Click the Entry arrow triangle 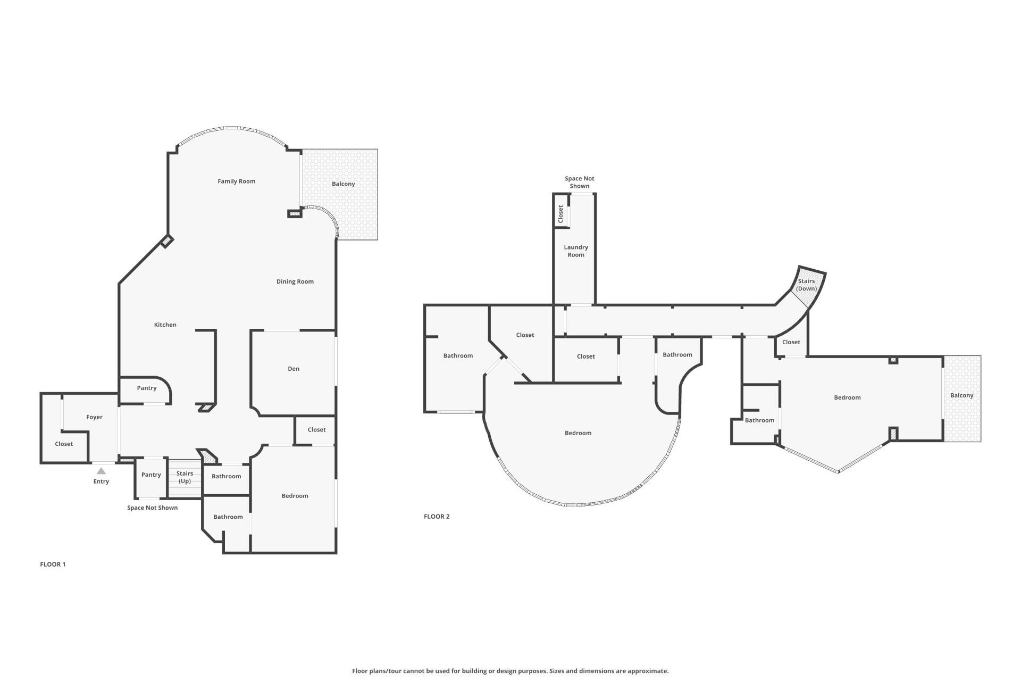pyautogui.click(x=101, y=471)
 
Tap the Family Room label pyautogui.click(x=237, y=181)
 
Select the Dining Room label pyautogui.click(x=295, y=281)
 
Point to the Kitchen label pyautogui.click(x=165, y=325)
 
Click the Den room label pyautogui.click(x=294, y=369)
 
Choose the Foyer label pyautogui.click(x=95, y=417)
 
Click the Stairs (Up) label pyautogui.click(x=185, y=477)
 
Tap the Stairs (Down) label pyautogui.click(x=806, y=285)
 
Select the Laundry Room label pyautogui.click(x=576, y=251)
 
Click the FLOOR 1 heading pyautogui.click(x=53, y=564)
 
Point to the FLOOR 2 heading pyautogui.click(x=437, y=517)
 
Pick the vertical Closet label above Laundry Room pyautogui.click(x=560, y=214)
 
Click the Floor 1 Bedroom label pyautogui.click(x=295, y=496)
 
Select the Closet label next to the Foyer pyautogui.click(x=64, y=444)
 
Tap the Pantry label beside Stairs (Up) pyautogui.click(x=151, y=475)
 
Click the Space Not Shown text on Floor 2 pyautogui.click(x=580, y=182)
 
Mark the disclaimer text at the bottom pyautogui.click(x=510, y=671)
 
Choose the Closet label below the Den pyautogui.click(x=316, y=430)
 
